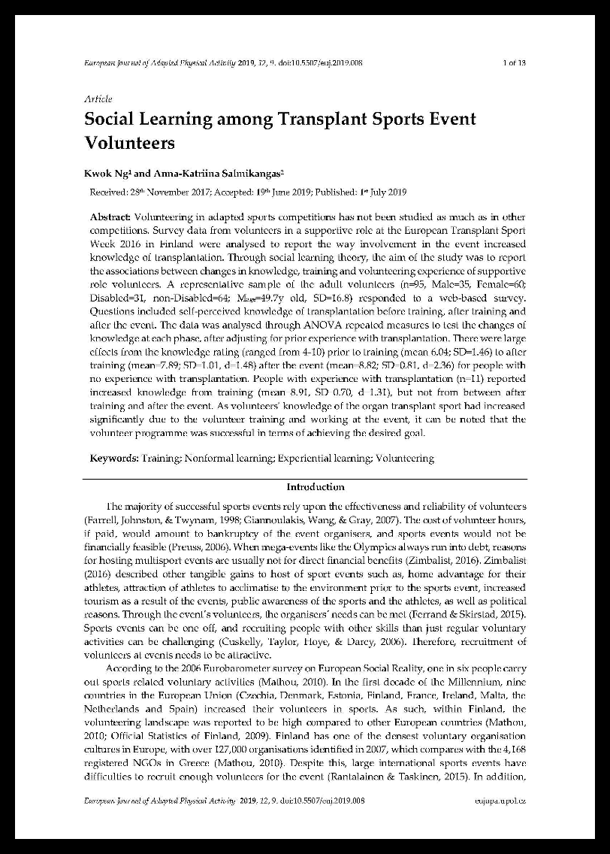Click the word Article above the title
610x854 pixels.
[x=98, y=98]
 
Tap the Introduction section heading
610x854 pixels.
[x=316, y=487]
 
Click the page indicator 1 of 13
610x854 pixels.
[x=513, y=63]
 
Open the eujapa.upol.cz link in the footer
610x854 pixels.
[x=500, y=801]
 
